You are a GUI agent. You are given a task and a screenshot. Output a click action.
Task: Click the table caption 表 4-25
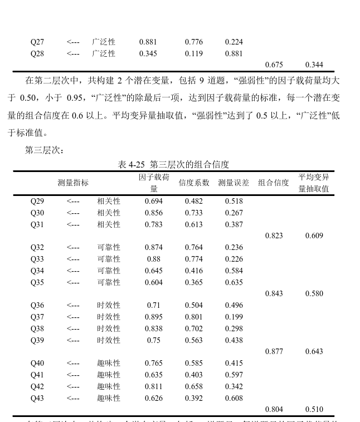coord(173,164)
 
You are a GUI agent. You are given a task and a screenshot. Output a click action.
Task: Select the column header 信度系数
coord(194,183)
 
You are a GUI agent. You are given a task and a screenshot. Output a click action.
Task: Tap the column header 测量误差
coord(233,183)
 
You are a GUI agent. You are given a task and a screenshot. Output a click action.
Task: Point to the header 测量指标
coord(73,183)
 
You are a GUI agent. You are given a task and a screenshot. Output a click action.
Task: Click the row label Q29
coord(37,201)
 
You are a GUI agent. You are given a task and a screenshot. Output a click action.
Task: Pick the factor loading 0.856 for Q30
coord(153,213)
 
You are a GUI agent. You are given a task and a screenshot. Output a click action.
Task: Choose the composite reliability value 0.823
coord(274,235)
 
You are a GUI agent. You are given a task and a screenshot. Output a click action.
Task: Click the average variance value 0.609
coord(314,235)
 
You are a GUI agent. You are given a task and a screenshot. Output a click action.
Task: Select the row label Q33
coord(37,259)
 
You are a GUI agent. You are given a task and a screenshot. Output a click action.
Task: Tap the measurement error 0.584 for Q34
coord(233,271)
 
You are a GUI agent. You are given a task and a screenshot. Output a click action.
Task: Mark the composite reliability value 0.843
coord(274,293)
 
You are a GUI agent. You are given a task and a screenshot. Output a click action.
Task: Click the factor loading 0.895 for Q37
coord(153,317)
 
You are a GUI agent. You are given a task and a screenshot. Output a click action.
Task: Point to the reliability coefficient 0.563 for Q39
coord(194,340)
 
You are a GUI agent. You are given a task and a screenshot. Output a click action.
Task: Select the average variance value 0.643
coord(314,351)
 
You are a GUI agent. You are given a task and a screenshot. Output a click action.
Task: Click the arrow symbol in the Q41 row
coord(73,375)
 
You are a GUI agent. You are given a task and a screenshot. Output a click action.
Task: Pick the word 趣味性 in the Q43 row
coord(109,398)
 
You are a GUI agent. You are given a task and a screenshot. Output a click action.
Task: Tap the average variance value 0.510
coord(314,409)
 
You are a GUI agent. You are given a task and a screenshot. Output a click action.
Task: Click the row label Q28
coord(37,53)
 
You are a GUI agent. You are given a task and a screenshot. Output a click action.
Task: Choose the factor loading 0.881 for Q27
coord(148,42)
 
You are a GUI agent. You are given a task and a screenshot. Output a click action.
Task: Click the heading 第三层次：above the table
coord(45,150)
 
